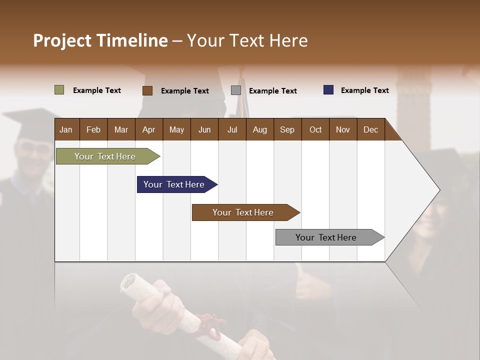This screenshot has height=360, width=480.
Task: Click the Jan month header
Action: [66, 129]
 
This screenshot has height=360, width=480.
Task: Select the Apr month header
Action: [148, 129]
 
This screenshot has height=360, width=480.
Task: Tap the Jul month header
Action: [232, 129]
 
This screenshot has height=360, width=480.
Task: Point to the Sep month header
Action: [287, 129]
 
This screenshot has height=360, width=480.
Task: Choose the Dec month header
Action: [370, 129]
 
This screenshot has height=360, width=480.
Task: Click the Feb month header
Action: [93, 129]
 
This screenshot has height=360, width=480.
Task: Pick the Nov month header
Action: [342, 129]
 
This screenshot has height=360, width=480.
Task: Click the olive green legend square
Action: [59, 90]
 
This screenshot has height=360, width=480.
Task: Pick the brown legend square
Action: [147, 90]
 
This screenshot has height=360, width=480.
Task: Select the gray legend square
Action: [236, 90]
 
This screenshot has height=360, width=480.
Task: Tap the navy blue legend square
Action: [328, 90]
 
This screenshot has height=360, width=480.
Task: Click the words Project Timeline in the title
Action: [100, 40]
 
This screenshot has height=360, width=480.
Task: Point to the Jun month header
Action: [204, 129]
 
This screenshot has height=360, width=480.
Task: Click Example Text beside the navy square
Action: [364, 90]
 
